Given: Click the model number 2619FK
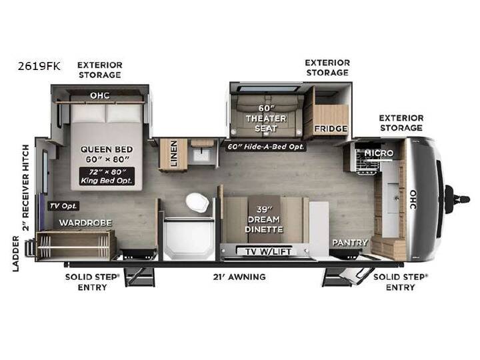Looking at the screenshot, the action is point(39,66).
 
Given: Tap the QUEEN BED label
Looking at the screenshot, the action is point(107,149).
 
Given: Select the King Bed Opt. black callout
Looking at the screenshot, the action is point(107,176).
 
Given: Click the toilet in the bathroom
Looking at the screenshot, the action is point(197,203).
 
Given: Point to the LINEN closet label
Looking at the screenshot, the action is point(173,153).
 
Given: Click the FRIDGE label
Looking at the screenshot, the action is point(331,129).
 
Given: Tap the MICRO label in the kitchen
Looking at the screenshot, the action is point(379,153).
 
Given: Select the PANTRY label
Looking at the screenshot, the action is point(350,243).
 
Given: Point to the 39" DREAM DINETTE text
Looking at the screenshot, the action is point(264,219).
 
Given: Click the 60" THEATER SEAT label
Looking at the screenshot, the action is point(266,118).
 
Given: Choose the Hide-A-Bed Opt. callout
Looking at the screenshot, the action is point(266,147).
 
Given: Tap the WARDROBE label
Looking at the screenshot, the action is point(85,223).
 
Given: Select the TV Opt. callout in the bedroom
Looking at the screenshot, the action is point(63,206).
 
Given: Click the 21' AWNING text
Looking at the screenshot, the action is point(239,277).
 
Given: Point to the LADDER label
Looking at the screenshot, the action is point(15,253).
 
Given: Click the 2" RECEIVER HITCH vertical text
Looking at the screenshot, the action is point(26,187).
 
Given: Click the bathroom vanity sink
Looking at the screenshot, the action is point(201,154).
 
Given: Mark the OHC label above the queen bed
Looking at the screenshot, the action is point(100,95).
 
